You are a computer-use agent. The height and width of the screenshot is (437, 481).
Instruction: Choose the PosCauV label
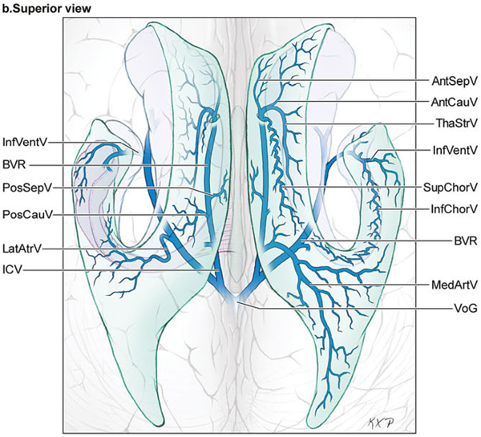coord(26,215)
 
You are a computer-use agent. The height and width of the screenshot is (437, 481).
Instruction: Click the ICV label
coord(14,271)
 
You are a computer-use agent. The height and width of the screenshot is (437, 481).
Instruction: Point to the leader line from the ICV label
coord(120,271)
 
